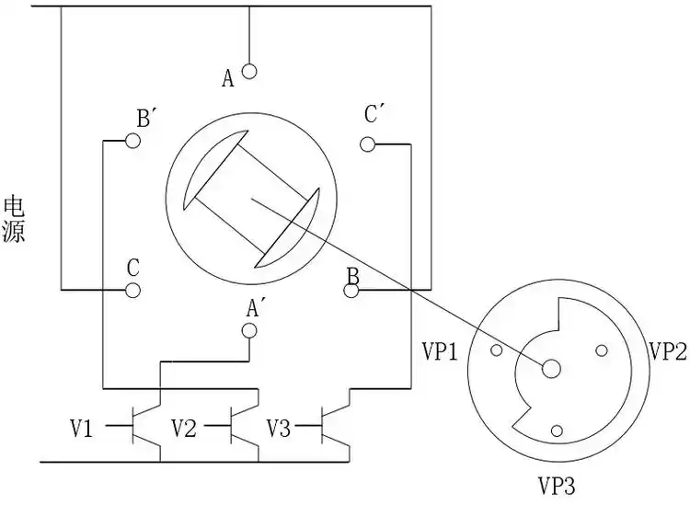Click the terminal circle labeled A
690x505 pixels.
tap(249, 71)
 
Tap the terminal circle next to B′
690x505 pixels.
tap(133, 140)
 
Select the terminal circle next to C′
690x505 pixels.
tap(368, 143)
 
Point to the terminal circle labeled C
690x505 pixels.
tap(132, 291)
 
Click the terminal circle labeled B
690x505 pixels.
tap(351, 291)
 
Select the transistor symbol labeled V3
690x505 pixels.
tap(337, 426)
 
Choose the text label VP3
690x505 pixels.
tap(557, 484)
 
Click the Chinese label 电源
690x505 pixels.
tap(14, 218)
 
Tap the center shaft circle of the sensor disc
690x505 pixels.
tap(552, 368)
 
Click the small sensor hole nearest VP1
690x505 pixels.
tap(497, 350)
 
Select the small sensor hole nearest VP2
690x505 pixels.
tap(603, 350)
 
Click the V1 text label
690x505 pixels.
tap(82, 428)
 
